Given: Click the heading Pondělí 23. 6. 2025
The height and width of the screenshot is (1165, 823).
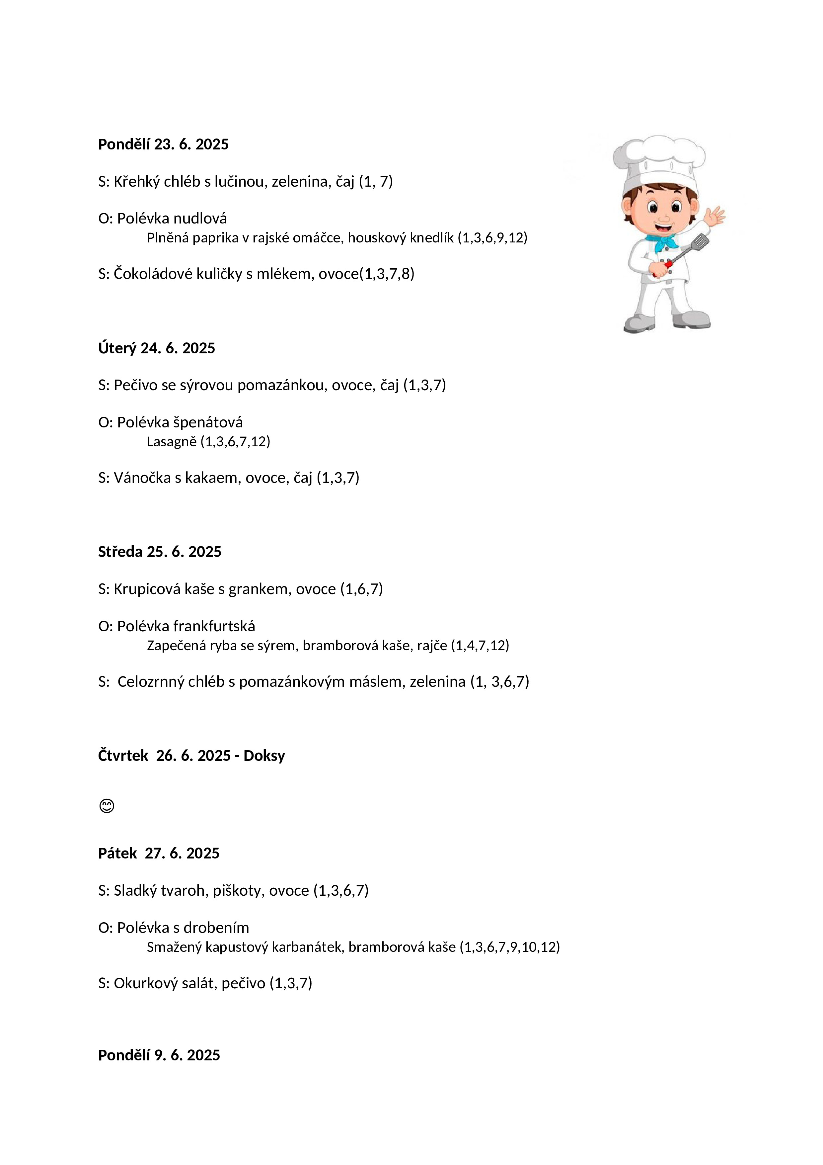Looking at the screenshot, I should pos(163,144).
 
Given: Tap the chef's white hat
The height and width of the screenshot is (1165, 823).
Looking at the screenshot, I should pos(658,160).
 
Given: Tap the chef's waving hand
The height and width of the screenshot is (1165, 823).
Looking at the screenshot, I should pos(716,217).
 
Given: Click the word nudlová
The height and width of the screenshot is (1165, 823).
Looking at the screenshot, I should pos(200,219).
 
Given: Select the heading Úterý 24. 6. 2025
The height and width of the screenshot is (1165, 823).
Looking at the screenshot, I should pos(157,348).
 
